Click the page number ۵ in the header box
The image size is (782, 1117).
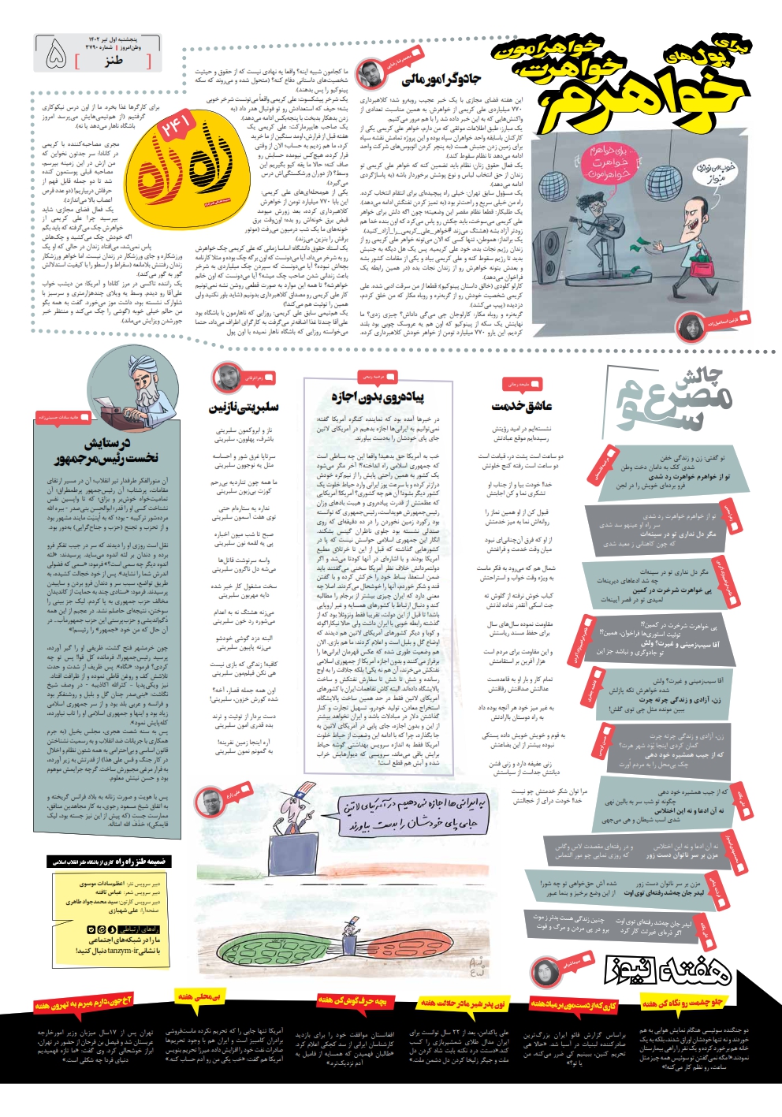[x=57, y=54]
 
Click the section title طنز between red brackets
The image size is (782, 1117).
[x=114, y=61]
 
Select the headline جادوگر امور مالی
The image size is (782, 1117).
[x=441, y=79]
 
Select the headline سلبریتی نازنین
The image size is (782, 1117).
[x=243, y=408]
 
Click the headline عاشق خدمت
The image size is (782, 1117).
[x=522, y=406]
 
